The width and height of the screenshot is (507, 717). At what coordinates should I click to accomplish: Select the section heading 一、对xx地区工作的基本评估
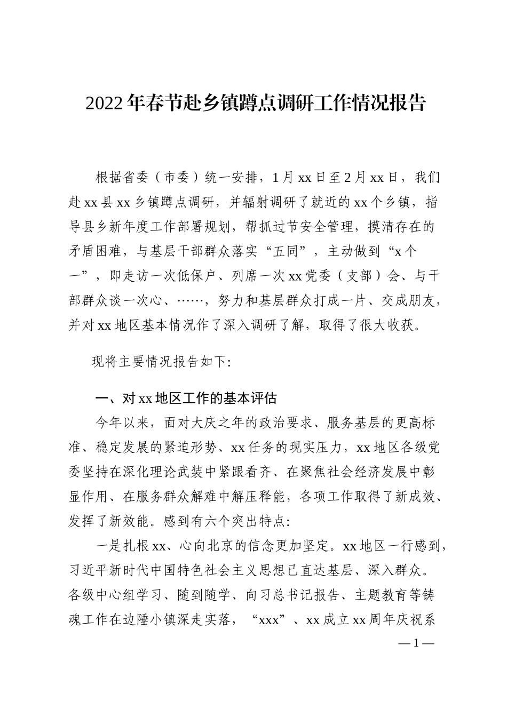tap(185, 399)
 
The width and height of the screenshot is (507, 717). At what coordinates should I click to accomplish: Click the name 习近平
tap(88, 570)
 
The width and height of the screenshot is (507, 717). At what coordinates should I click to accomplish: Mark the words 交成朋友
tap(407, 300)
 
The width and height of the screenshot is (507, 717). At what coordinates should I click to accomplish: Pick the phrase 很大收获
tap(394, 325)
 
